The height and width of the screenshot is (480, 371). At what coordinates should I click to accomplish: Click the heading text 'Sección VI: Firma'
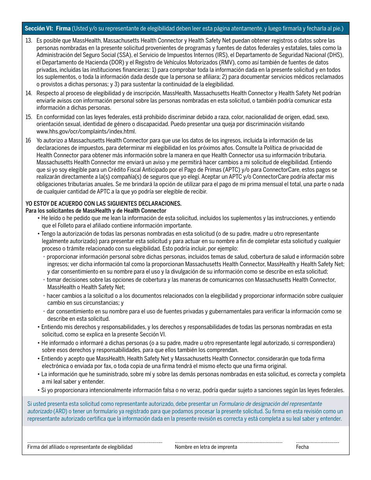point(48,28)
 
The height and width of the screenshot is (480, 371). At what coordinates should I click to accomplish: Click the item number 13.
point(29,41)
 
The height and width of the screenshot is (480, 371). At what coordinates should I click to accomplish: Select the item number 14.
point(29,93)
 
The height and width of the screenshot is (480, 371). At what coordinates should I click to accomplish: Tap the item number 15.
point(29,117)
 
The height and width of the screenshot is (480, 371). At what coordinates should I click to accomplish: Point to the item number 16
point(28,140)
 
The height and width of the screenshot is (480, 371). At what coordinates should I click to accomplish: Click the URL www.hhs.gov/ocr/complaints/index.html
point(86,132)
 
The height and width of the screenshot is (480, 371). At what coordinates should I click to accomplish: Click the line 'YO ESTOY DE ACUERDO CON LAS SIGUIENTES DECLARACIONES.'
point(103,204)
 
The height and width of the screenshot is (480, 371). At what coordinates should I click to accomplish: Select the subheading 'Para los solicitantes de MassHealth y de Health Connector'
point(96,211)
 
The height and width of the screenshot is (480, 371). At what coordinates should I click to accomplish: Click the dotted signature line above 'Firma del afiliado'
point(95,442)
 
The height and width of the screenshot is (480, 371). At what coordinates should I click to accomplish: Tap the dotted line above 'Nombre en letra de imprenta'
point(228,442)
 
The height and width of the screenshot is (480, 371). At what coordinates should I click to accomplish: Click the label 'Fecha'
point(302,447)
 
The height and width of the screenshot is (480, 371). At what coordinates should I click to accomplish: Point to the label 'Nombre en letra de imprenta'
point(206,447)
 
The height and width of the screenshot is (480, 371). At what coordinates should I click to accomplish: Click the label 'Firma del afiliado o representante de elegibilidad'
point(80,447)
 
